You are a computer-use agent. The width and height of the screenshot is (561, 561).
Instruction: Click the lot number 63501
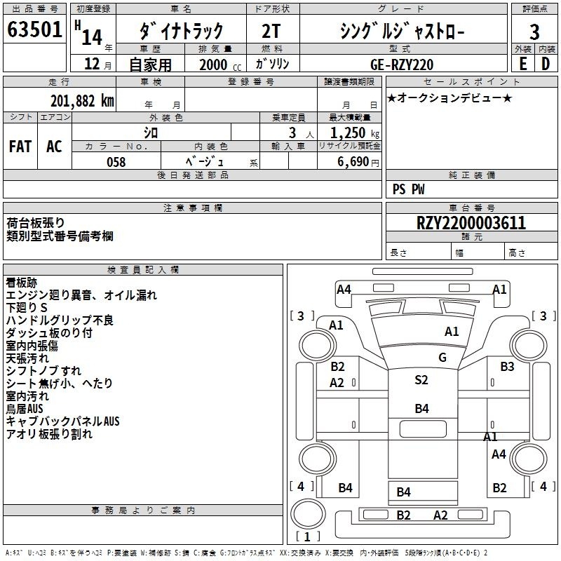34,29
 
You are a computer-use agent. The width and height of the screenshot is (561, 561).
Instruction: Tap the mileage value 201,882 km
82,101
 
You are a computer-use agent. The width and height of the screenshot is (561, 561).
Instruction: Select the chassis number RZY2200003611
471,223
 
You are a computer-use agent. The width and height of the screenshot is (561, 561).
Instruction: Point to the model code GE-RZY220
402,65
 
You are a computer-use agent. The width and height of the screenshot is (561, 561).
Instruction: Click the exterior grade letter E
523,64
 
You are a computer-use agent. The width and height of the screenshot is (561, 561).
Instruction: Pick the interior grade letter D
546,64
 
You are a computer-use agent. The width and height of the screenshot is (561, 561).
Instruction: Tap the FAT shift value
20,147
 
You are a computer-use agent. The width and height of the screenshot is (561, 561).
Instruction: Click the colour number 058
116,162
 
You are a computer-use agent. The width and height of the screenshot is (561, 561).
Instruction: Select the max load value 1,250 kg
355,133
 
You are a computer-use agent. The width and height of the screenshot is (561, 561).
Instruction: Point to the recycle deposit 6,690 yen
358,162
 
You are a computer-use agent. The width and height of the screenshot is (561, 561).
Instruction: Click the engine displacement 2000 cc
220,65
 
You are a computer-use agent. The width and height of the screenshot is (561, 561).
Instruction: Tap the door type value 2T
271,31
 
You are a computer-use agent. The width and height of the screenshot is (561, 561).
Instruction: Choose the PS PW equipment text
408,189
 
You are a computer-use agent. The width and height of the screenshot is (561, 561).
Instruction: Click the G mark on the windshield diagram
442,358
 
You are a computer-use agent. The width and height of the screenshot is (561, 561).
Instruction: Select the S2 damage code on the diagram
421,380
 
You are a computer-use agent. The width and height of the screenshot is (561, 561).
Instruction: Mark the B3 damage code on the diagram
507,367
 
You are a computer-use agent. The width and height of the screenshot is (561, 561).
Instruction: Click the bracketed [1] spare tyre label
307,536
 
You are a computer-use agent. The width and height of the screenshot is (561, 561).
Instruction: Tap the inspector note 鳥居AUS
25,409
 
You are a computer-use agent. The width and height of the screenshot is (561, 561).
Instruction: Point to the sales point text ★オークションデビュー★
450,98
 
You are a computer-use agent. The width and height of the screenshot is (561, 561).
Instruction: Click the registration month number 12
92,64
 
